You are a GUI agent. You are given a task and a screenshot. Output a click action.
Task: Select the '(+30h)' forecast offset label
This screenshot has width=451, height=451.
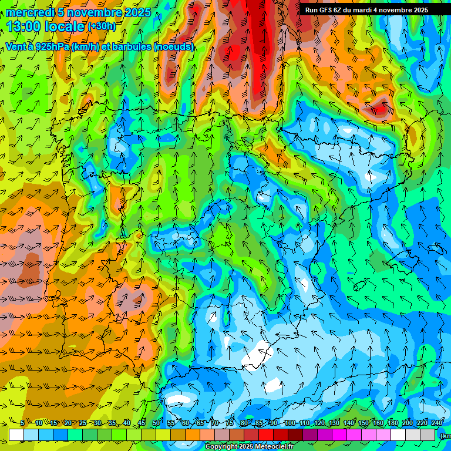point(102,26)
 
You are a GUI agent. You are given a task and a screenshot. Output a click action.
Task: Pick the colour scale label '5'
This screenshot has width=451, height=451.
point(22,423)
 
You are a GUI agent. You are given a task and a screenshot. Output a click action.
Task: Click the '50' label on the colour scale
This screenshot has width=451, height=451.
point(156,423)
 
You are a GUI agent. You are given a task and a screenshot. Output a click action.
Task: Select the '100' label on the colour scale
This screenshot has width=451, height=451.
point(290,423)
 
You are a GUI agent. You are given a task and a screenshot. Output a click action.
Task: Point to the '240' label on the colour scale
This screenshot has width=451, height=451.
point(437,423)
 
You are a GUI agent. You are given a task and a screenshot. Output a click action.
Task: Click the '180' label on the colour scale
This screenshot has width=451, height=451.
point(392,423)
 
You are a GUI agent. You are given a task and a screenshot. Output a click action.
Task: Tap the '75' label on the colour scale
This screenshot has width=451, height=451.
point(230,423)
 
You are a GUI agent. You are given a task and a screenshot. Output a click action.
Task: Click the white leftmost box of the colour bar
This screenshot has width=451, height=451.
point(16,435)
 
